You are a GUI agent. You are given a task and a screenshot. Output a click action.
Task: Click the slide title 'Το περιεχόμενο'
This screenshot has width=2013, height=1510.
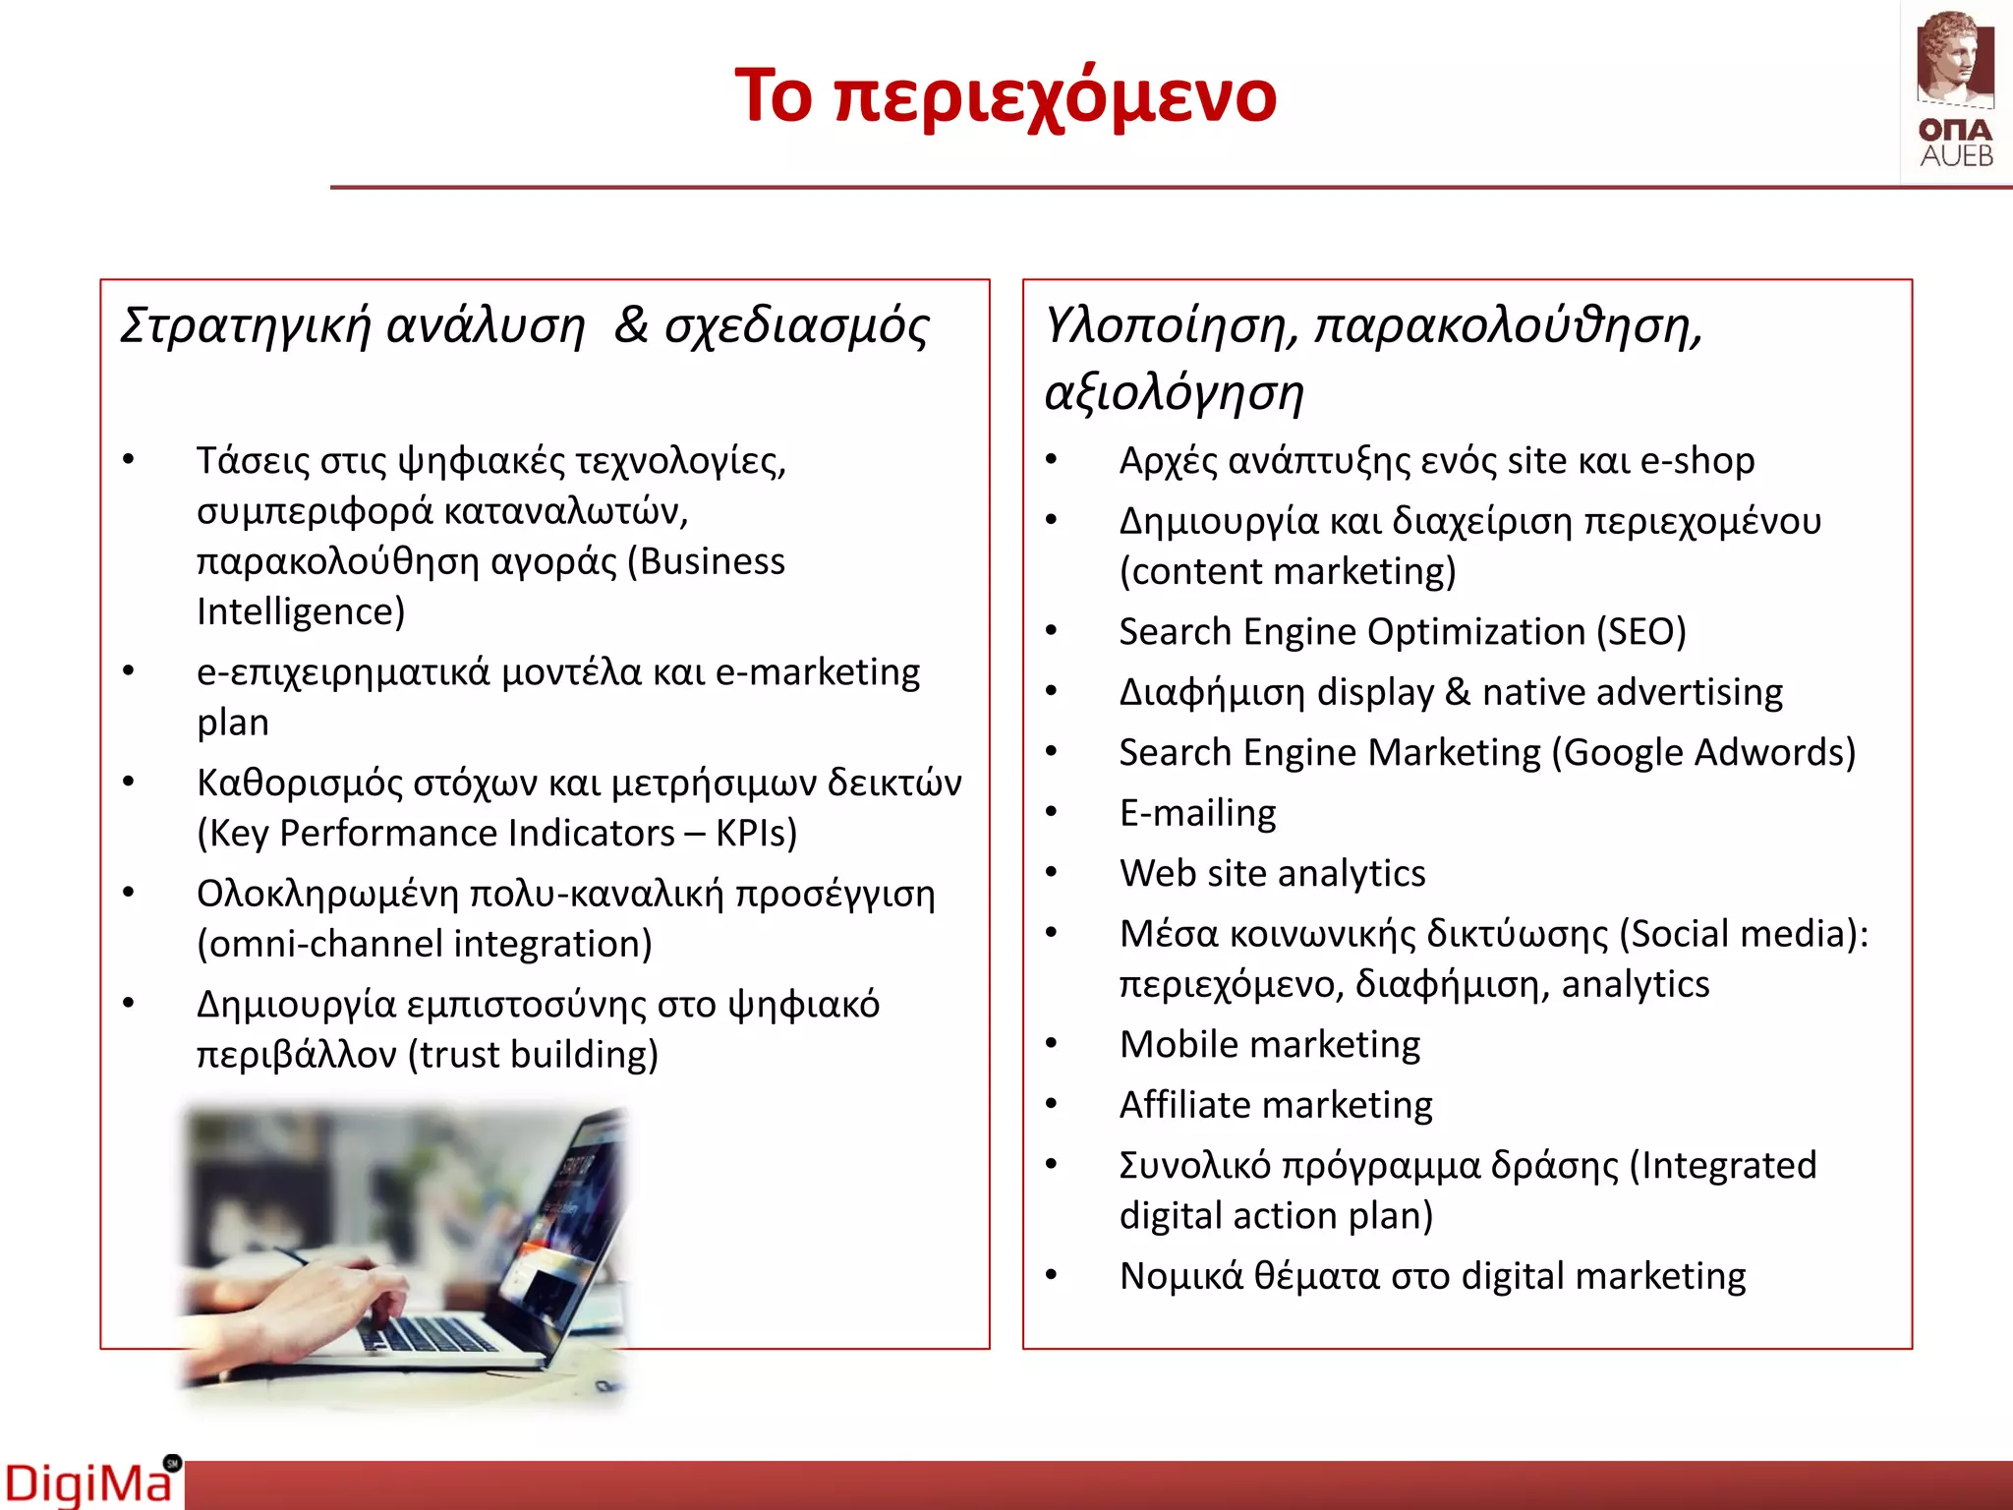[x=1005, y=96]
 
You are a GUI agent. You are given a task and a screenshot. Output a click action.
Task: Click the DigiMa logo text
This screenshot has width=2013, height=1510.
[x=88, y=1482]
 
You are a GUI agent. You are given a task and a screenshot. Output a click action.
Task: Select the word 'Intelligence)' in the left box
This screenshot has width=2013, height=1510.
[x=301, y=612]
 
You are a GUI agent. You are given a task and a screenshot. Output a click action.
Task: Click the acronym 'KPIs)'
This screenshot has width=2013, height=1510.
[x=756, y=834]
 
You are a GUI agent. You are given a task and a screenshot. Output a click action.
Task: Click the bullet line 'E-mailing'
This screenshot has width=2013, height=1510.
[x=1197, y=814]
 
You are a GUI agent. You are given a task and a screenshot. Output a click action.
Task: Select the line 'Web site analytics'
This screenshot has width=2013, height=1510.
[x=1272, y=874]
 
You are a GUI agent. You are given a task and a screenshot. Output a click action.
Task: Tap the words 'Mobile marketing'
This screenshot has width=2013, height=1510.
[x=1270, y=1045]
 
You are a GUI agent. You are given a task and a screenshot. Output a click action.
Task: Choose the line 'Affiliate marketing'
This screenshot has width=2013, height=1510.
[x=1276, y=1106]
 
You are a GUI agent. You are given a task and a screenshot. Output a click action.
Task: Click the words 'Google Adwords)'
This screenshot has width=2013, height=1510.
[x=1708, y=753]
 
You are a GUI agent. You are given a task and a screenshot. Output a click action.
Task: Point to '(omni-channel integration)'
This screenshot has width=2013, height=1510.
[x=425, y=945]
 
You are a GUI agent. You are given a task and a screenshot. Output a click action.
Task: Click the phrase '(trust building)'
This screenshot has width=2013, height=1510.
[x=533, y=1055]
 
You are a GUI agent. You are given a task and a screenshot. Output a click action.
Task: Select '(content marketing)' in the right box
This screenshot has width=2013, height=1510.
[x=1288, y=572]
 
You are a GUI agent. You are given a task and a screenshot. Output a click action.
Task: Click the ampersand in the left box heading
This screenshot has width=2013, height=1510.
[x=631, y=326]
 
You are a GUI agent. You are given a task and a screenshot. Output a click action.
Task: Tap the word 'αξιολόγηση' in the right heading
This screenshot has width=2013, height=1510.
[x=1174, y=393]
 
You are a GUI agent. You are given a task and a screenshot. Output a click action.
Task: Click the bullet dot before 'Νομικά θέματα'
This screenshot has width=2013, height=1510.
[x=1051, y=1276]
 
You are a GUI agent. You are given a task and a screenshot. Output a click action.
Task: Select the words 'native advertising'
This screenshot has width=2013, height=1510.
[x=1632, y=693]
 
